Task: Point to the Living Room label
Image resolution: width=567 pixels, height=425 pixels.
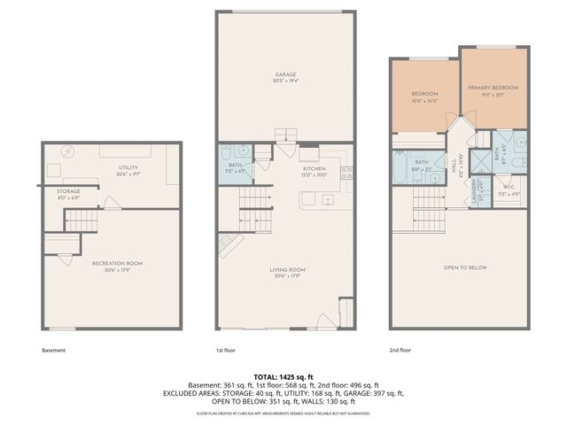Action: [287, 272]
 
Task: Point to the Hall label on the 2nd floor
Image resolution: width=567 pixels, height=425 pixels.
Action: [453, 166]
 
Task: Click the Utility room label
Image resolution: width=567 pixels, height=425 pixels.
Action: [128, 169]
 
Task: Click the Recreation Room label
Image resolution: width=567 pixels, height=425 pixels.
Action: [117, 265]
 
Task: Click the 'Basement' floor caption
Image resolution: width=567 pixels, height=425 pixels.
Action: [54, 350]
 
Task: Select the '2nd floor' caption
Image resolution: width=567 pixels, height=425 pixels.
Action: [400, 350]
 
